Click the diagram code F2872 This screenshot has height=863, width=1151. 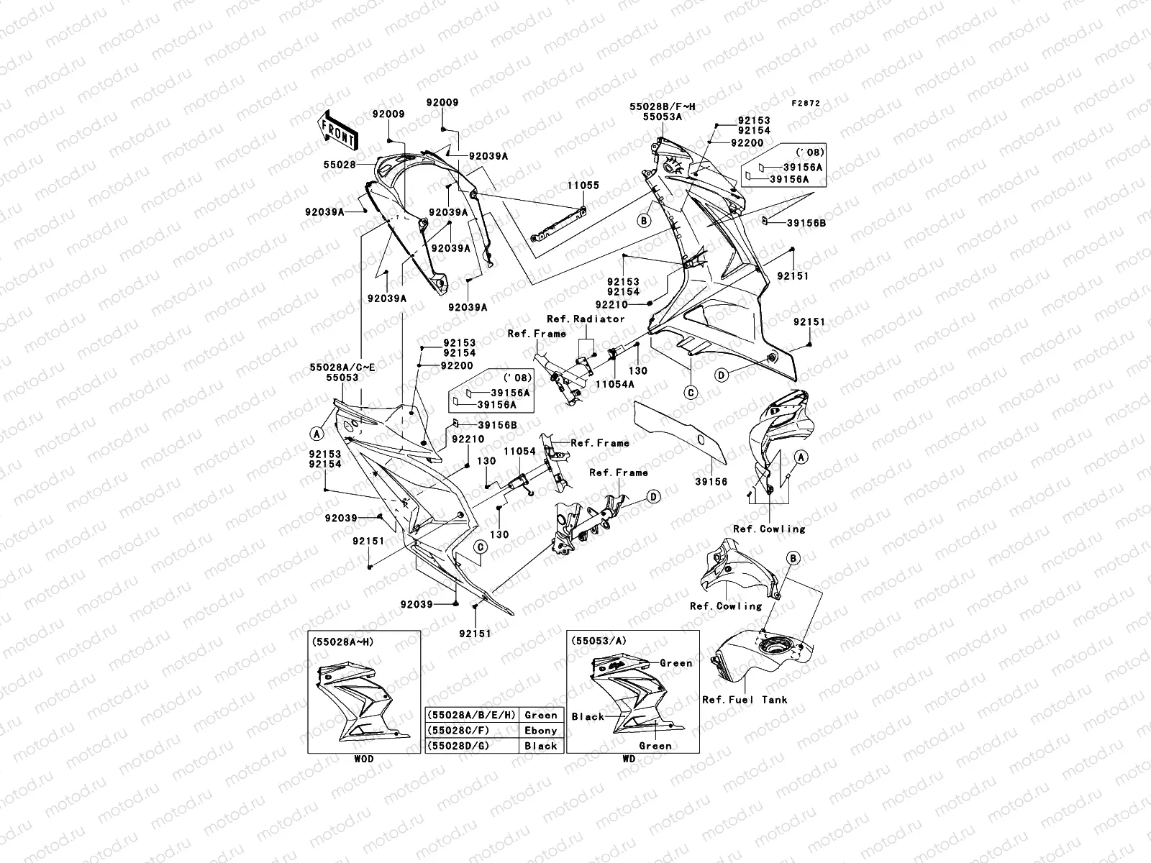806,104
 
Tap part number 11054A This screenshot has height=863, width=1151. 614,384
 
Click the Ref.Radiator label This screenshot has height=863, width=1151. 586,319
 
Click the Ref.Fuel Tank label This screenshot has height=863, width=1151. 745,699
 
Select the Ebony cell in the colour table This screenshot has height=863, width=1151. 540,731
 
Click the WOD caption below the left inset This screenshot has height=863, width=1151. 363,759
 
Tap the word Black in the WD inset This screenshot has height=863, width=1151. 588,716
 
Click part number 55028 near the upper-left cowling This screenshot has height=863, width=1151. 340,165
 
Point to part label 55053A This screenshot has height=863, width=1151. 662,115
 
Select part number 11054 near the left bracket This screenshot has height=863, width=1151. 519,451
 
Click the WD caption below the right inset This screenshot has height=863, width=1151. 629,759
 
